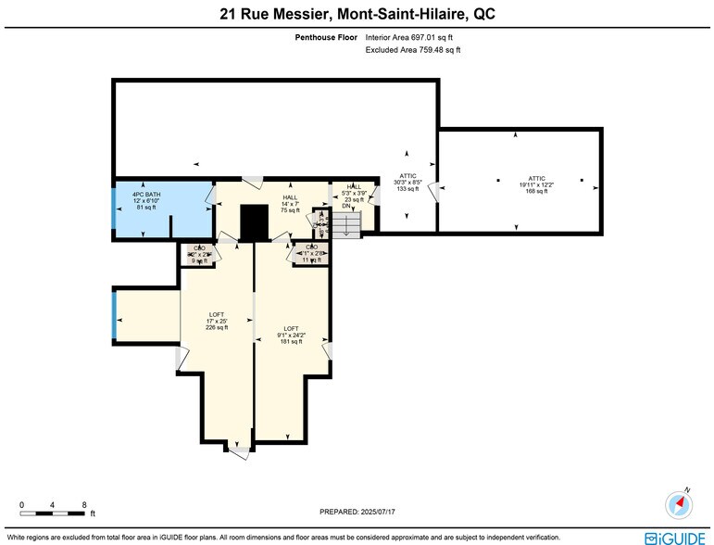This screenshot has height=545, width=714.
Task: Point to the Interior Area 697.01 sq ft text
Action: coord(409,38)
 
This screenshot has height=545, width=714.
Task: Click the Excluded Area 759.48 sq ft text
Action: coord(413,50)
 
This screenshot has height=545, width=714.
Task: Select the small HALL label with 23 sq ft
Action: coord(354,193)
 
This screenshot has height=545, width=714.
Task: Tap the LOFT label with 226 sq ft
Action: coord(216,321)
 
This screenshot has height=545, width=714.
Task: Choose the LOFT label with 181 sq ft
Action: coord(291,336)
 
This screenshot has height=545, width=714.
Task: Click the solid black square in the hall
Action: coord(253,222)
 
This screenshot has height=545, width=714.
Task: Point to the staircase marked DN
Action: coord(347,225)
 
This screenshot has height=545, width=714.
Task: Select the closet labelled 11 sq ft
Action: coord(311,254)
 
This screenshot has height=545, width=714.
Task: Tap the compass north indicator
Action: coord(679,503)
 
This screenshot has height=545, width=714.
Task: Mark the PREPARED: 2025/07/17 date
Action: coord(356,511)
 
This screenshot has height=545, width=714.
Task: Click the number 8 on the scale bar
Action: coord(84,505)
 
